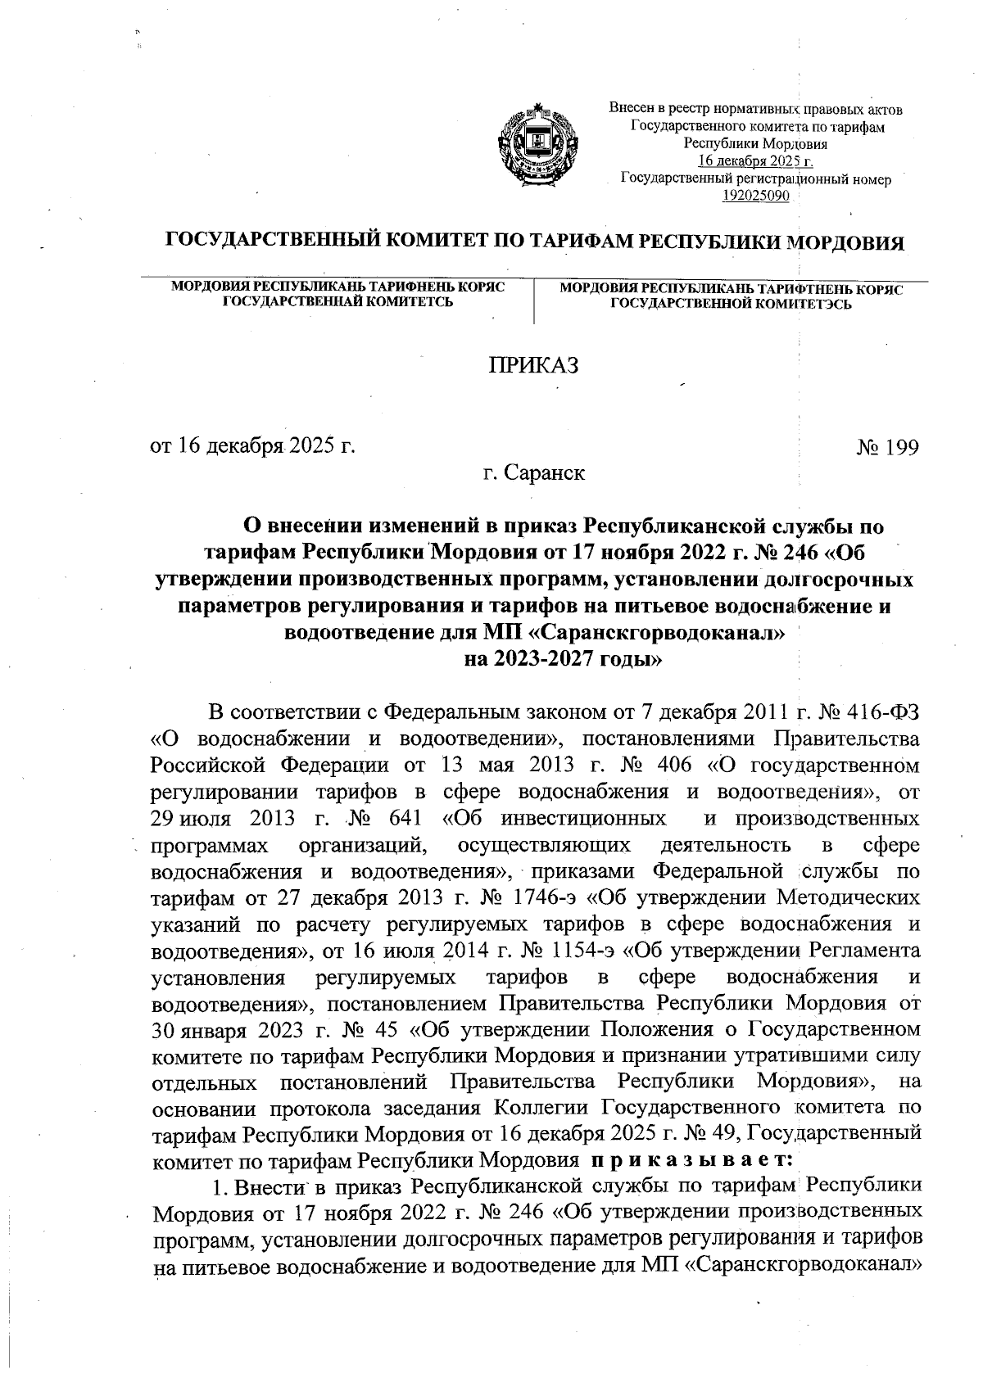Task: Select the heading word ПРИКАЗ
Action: click(533, 365)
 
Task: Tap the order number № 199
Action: click(887, 447)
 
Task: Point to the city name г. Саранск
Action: click(533, 473)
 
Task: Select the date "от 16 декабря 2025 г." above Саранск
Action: click(254, 447)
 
